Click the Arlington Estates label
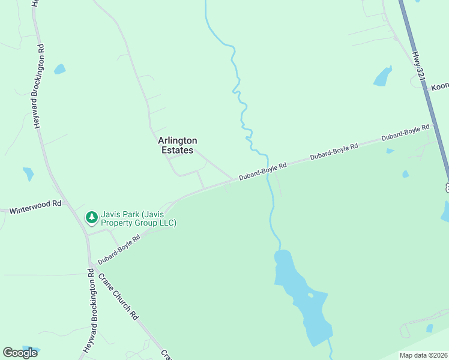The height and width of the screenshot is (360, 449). (x=177, y=145)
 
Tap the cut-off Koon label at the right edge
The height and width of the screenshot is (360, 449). (x=440, y=87)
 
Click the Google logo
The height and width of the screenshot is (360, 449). (x=20, y=353)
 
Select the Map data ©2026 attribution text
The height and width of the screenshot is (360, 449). (x=424, y=355)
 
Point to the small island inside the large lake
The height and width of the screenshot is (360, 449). (x=310, y=295)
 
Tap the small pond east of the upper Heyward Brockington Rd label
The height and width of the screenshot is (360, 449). (x=59, y=69)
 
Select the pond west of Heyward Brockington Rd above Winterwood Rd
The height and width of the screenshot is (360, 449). (x=28, y=174)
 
